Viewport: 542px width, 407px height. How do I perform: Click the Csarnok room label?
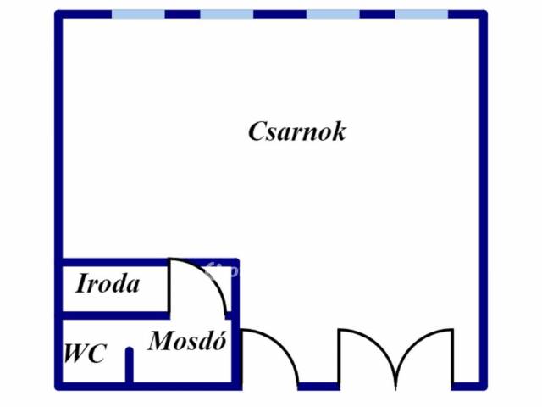tap(296, 131)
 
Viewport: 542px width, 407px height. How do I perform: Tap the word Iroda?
tap(108, 284)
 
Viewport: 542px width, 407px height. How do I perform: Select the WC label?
tap(85, 353)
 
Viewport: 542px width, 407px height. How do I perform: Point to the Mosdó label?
tap(187, 341)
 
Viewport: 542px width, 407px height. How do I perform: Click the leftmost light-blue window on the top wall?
tap(138, 14)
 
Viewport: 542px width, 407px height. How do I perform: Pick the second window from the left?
tap(226, 14)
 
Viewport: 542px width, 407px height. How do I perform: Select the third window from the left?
tap(332, 14)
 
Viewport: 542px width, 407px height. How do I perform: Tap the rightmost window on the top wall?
tap(421, 14)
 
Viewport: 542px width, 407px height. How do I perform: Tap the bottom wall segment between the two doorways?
tap(319, 386)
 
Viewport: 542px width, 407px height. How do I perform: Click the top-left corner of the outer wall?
tap(59, 15)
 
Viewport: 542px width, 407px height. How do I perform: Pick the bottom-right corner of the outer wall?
tap(483, 385)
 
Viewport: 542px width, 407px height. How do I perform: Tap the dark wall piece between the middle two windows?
tap(279, 14)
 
